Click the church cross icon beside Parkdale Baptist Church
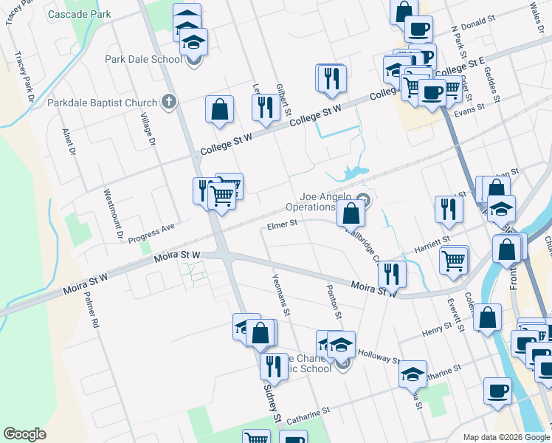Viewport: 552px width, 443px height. tap(170, 102)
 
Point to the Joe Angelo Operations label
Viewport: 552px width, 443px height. tap(327, 202)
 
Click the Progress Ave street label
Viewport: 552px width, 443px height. tap(151, 233)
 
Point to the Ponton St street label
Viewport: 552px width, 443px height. tap(333, 303)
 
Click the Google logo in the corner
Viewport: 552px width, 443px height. tap(24, 434)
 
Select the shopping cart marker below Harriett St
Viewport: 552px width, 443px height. tap(454, 259)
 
